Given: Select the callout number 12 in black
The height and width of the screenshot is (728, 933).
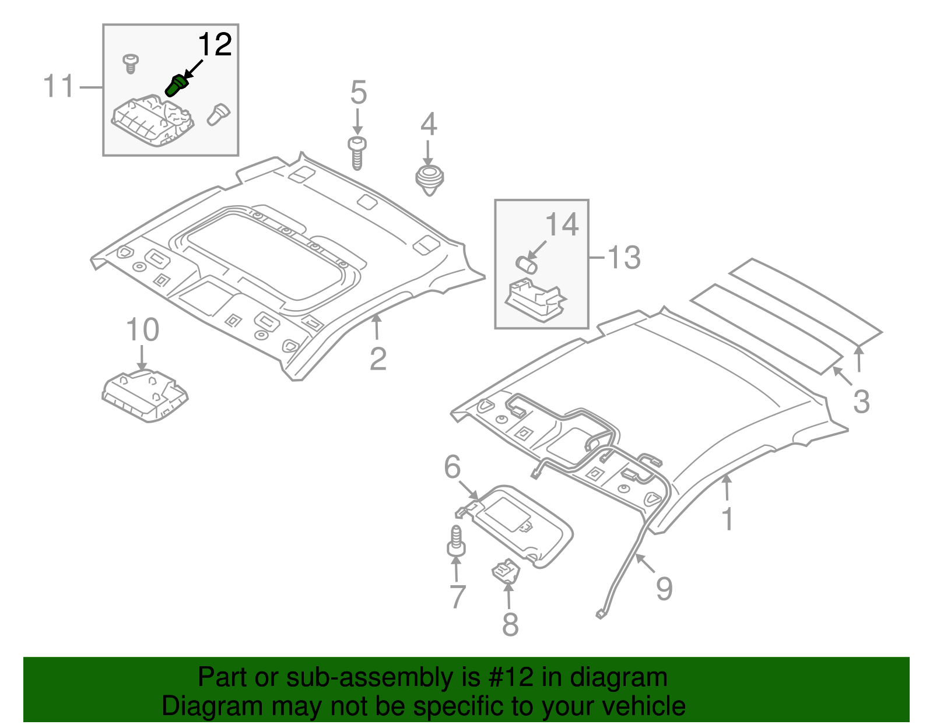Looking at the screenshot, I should pos(215,45).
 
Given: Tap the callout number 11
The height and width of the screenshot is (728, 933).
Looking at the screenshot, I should pos(59,86).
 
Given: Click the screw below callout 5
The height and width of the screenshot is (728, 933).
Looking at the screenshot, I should pos(357,153).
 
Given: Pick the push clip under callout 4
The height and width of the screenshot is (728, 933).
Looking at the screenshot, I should pos(429,179).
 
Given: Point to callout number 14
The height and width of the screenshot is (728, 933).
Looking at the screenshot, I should pos(562,224).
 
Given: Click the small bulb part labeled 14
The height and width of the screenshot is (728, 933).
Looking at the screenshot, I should pos(527,263).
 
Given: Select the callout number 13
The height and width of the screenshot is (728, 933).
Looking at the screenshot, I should pos(623,258).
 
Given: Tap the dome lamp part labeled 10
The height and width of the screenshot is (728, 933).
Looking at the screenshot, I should pos(145,395).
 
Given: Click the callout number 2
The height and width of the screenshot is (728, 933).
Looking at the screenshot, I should pos(378,358).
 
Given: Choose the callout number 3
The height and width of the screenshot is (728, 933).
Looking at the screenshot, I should pos(861,402).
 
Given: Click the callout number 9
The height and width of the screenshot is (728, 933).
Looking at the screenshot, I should pos(664,589).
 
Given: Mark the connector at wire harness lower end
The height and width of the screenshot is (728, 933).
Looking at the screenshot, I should pos(600,613).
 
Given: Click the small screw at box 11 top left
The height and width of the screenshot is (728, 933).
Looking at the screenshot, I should pos(131,63).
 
